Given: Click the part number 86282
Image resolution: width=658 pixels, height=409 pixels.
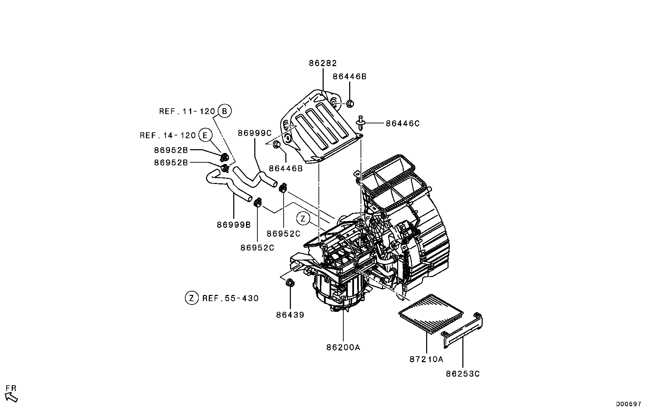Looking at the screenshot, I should tap(322, 63).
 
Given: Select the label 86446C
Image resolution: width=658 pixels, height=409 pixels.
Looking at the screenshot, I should tap(402, 123).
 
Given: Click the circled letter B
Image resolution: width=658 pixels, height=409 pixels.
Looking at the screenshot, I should tap(224, 111).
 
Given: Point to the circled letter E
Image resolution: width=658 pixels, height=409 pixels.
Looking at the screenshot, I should tap(205, 135).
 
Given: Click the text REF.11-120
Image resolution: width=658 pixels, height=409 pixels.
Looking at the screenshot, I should tap(187, 111).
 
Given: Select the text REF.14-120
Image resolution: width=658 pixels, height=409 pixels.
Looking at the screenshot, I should tap(168, 135).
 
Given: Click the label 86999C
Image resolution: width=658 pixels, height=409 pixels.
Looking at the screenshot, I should tap(255, 133).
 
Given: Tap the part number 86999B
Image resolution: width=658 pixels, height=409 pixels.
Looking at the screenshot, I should tap(234, 225).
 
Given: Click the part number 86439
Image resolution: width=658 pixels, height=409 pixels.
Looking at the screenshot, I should tap(290, 315).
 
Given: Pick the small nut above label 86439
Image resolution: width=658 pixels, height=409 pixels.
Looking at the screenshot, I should tap(290, 283).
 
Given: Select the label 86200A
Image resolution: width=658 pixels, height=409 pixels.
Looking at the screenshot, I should tap(343, 347).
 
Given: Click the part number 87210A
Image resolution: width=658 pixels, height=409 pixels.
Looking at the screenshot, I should tap(426, 359).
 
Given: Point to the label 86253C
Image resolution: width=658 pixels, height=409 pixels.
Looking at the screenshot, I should tap(463, 374).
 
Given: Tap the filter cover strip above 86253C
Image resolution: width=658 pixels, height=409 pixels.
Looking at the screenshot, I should tap(462, 331).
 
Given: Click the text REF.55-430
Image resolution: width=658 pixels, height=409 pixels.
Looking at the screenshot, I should tap(230, 298).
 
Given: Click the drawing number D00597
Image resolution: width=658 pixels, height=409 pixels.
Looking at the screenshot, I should tap(629, 404).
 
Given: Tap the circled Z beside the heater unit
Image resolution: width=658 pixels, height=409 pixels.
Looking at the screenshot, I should tap(303, 218).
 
